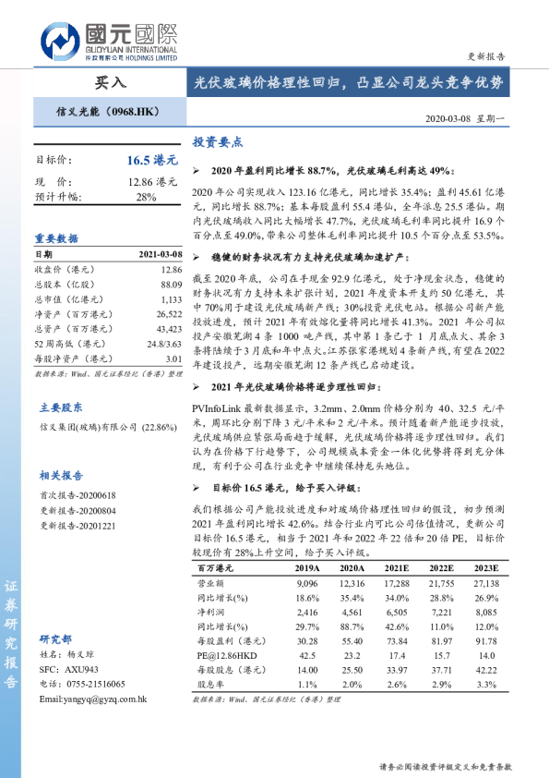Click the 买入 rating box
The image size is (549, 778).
point(110,82)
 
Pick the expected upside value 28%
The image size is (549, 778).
point(147,197)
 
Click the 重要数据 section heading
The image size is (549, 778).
point(57,238)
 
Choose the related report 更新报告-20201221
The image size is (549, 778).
point(78,525)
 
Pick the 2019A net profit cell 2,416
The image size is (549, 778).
point(307,612)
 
